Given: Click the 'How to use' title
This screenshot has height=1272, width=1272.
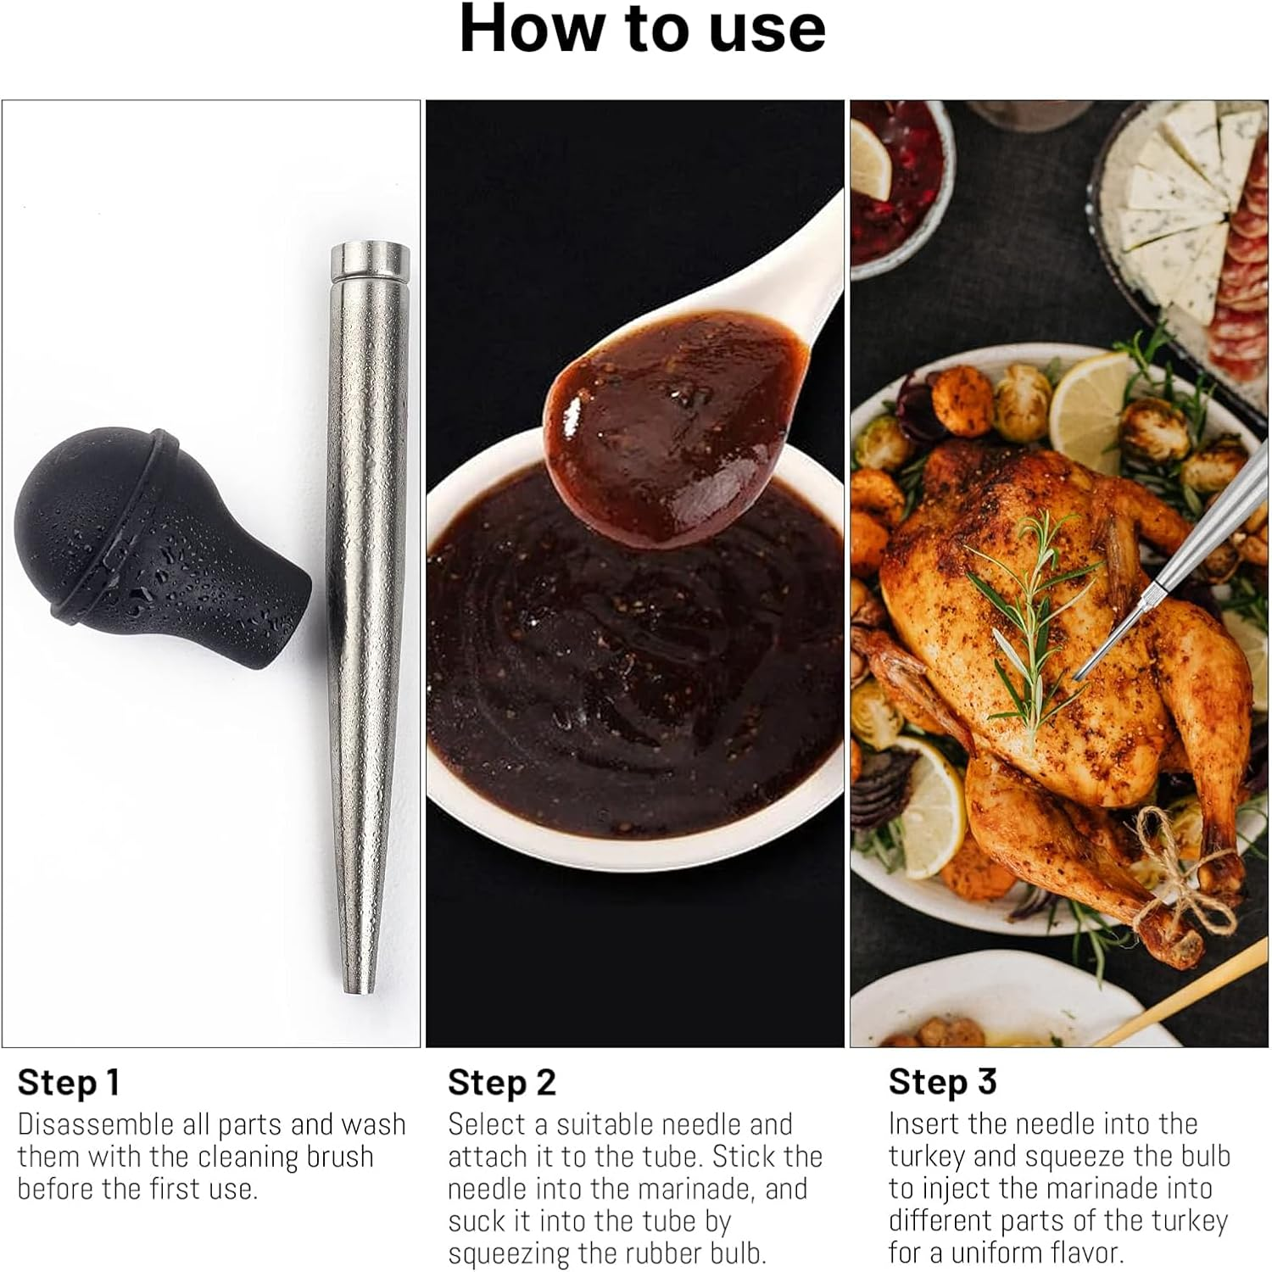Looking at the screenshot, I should [x=642, y=29].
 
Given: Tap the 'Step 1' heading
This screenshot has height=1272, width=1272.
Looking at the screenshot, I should [x=69, y=1083].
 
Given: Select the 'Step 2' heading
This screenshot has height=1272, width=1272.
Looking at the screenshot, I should [x=501, y=1083].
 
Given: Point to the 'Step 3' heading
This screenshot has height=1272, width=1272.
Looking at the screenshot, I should [x=942, y=1082].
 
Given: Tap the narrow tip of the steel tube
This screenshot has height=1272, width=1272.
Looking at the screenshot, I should [x=359, y=979].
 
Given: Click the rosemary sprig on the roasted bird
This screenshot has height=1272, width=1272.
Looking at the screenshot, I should [x=1030, y=611].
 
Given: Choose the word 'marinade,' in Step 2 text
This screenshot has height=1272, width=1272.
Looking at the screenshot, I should [x=700, y=1189].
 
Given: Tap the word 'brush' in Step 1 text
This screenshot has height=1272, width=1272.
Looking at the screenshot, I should [x=338, y=1157].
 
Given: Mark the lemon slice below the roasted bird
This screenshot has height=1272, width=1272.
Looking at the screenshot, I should [x=920, y=806].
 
